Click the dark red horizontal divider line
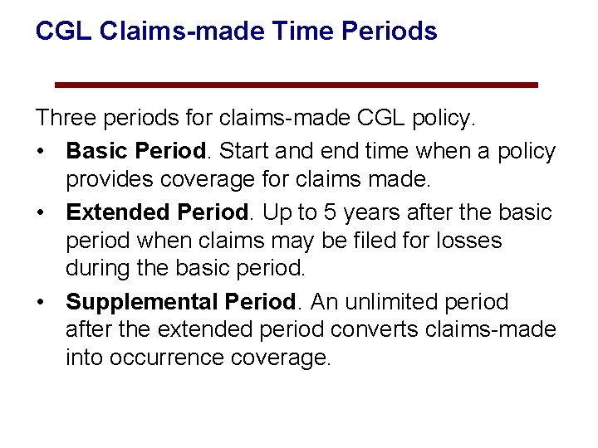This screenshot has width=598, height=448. pyautogui.click(x=296, y=85)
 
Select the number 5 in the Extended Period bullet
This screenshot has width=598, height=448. pyautogui.click(x=331, y=212)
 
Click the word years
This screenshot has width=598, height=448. pyautogui.click(x=374, y=212)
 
